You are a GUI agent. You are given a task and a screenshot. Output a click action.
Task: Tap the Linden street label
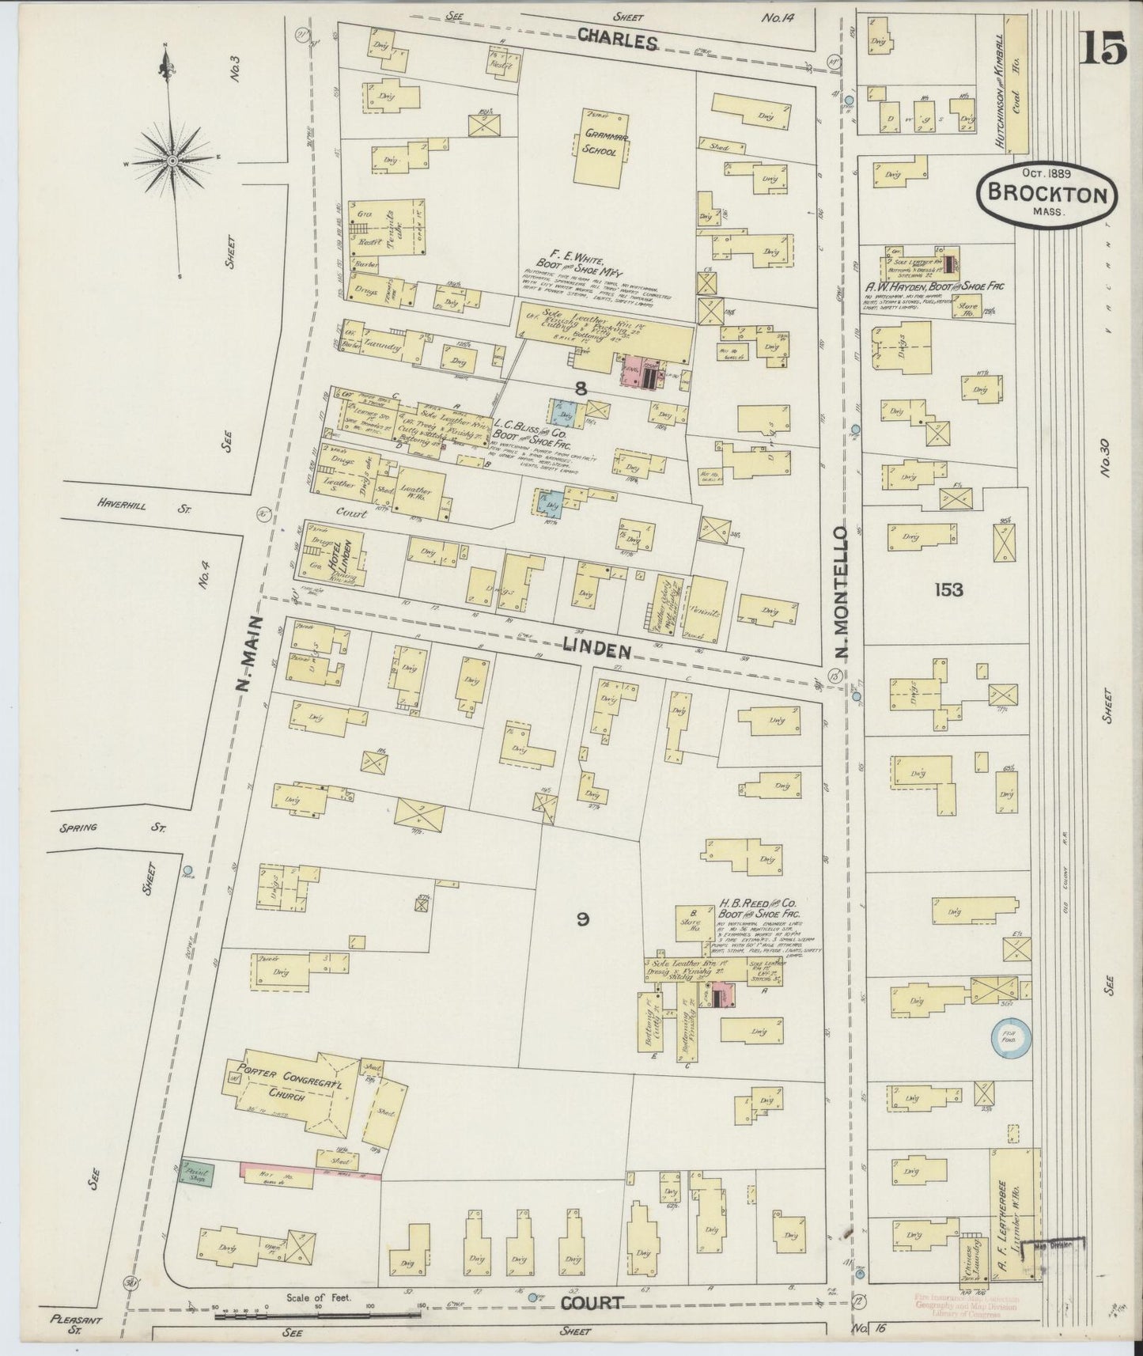(596, 650)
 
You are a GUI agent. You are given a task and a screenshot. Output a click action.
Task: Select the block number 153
(947, 589)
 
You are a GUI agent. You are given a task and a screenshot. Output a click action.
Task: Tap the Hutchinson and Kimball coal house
(1013, 83)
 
